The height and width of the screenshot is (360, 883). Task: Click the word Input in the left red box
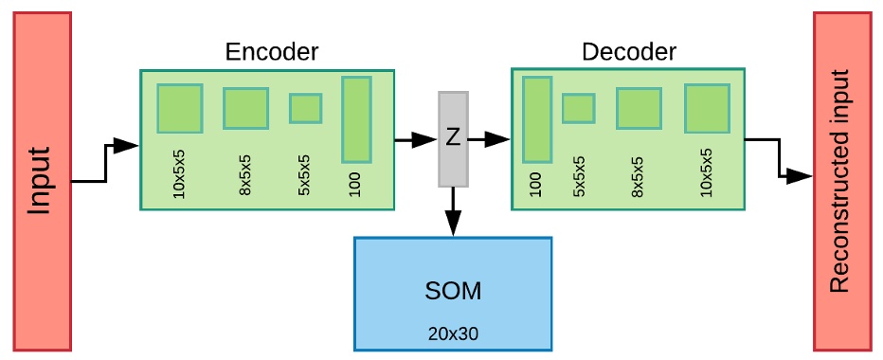tap(40, 180)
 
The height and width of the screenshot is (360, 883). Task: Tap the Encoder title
tap(272, 51)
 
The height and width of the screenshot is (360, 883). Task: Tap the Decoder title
tap(630, 51)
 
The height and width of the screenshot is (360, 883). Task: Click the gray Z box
tap(453, 138)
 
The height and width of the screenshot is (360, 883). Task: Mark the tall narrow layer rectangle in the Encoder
tap(355, 119)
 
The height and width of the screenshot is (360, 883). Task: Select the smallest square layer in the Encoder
tap(305, 108)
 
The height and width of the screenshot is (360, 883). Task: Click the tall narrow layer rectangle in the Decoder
tap(536, 119)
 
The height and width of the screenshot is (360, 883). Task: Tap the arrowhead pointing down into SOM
tap(453, 224)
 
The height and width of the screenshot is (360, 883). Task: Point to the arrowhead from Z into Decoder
tap(499, 140)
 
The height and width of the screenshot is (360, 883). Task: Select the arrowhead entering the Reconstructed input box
tap(802, 176)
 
